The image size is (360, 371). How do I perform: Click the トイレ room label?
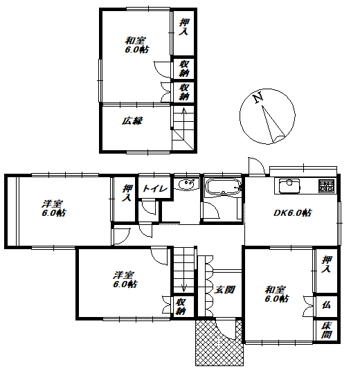click(155, 188)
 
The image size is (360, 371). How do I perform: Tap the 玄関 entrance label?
click(224, 289)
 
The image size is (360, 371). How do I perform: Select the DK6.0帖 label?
click(293, 212)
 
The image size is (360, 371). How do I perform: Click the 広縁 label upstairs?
click(132, 121)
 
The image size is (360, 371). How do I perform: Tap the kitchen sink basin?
click(289, 186)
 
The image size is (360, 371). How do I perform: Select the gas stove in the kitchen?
click(326, 185)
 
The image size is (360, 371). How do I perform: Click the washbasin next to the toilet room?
click(188, 184)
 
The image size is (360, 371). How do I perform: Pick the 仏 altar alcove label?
click(326, 305)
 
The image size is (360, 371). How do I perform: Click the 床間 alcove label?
click(326, 330)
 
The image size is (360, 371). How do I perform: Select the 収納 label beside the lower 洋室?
click(181, 307)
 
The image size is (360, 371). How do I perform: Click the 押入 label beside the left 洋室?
click(127, 193)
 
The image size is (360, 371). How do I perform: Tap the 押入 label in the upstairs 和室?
click(183, 27)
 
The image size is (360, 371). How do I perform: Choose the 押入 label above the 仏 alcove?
click(326, 264)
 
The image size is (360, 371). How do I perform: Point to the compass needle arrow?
click(272, 124)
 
